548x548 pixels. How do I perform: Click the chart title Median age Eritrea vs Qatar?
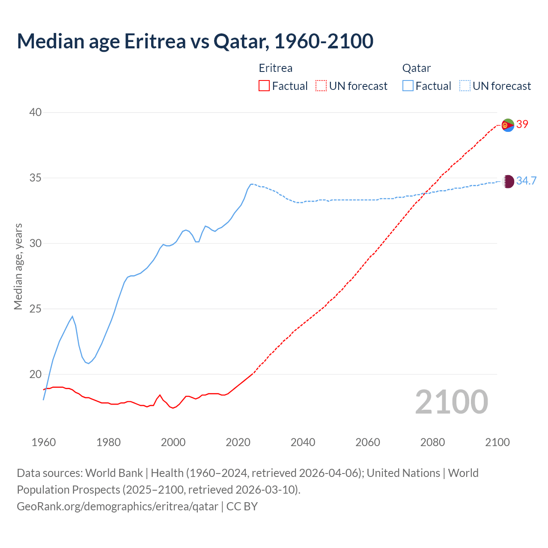tap(195, 41)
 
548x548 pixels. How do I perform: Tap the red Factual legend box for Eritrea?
tap(264, 86)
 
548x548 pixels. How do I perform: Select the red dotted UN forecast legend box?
tap(321, 86)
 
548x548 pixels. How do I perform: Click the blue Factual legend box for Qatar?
tap(408, 86)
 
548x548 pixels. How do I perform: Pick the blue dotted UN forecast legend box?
tap(465, 86)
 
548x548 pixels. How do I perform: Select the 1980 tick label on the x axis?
tap(108, 442)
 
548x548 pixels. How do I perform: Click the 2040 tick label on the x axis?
tap(303, 442)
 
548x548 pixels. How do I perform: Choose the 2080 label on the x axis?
tap(432, 442)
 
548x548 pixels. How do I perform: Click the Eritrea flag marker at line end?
tap(508, 125)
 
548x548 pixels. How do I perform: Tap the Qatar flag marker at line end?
tap(508, 181)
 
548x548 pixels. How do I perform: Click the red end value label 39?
tap(522, 125)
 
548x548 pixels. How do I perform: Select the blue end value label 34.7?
tap(526, 181)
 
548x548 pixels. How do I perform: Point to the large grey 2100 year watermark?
tap(452, 402)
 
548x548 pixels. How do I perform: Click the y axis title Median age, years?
tap(18, 266)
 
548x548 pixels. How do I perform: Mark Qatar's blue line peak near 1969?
tap(72, 316)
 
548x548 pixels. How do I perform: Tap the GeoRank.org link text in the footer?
tap(117, 506)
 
